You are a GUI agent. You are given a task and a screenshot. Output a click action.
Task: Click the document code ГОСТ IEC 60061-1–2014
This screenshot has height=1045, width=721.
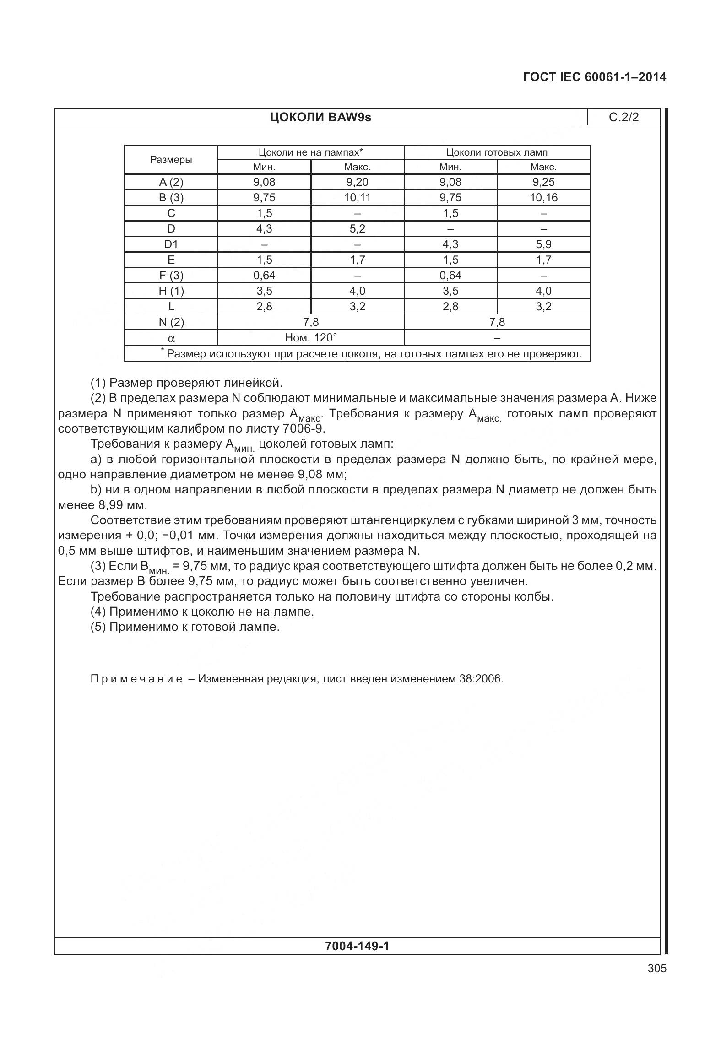pos(594,77)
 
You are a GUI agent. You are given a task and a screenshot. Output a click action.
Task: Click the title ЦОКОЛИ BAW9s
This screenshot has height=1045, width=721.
pos(320,118)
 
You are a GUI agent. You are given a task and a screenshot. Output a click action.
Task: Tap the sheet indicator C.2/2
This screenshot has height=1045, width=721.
pos(623,118)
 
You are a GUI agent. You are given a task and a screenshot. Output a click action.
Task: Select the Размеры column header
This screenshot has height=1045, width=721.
pos(171,160)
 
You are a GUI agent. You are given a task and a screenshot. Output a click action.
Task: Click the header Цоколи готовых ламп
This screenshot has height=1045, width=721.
pos(497,152)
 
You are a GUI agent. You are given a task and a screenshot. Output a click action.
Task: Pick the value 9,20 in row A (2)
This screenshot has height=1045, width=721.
pos(357,182)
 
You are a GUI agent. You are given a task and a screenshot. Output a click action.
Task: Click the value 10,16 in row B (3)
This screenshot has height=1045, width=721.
pos(543,198)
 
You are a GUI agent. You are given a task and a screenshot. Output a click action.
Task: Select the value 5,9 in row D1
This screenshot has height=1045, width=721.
pos(543,244)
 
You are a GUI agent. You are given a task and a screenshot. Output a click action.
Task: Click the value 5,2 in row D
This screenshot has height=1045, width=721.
pos(357,229)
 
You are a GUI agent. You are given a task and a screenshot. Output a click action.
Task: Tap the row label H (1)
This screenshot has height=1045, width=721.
pos(171,291)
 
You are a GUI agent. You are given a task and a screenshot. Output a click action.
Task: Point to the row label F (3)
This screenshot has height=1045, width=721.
pos(171,276)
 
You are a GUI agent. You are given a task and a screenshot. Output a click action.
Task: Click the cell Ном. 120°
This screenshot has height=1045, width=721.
pos(311,338)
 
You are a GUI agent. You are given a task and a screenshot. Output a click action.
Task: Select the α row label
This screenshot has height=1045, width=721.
pos(171,339)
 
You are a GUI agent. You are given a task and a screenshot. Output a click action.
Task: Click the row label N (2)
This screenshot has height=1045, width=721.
pos(171,322)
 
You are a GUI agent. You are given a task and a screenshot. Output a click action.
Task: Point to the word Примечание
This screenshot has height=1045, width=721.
pos(136,679)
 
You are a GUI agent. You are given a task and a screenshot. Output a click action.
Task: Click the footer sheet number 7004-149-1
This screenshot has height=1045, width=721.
pos(357,946)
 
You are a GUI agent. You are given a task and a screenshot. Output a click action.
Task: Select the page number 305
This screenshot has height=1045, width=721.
pos(657,969)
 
